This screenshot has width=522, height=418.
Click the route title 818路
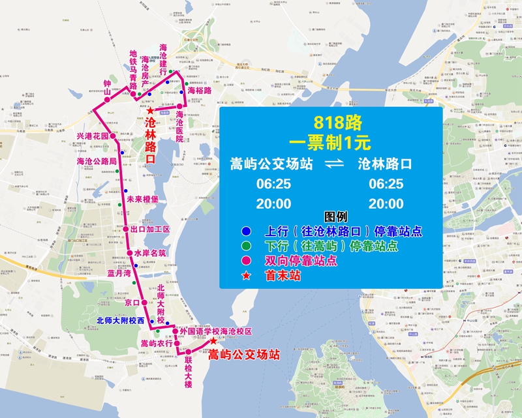332,122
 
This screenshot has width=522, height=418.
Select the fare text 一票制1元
332,140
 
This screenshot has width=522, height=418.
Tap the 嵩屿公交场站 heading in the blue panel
269,164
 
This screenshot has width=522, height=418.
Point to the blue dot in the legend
245,231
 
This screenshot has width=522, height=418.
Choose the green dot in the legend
245,246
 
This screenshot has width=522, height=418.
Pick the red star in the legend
245,276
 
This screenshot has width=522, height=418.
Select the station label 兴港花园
92,136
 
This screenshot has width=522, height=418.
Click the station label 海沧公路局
97,161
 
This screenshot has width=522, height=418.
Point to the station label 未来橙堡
143,200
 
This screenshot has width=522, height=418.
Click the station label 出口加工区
150,230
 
